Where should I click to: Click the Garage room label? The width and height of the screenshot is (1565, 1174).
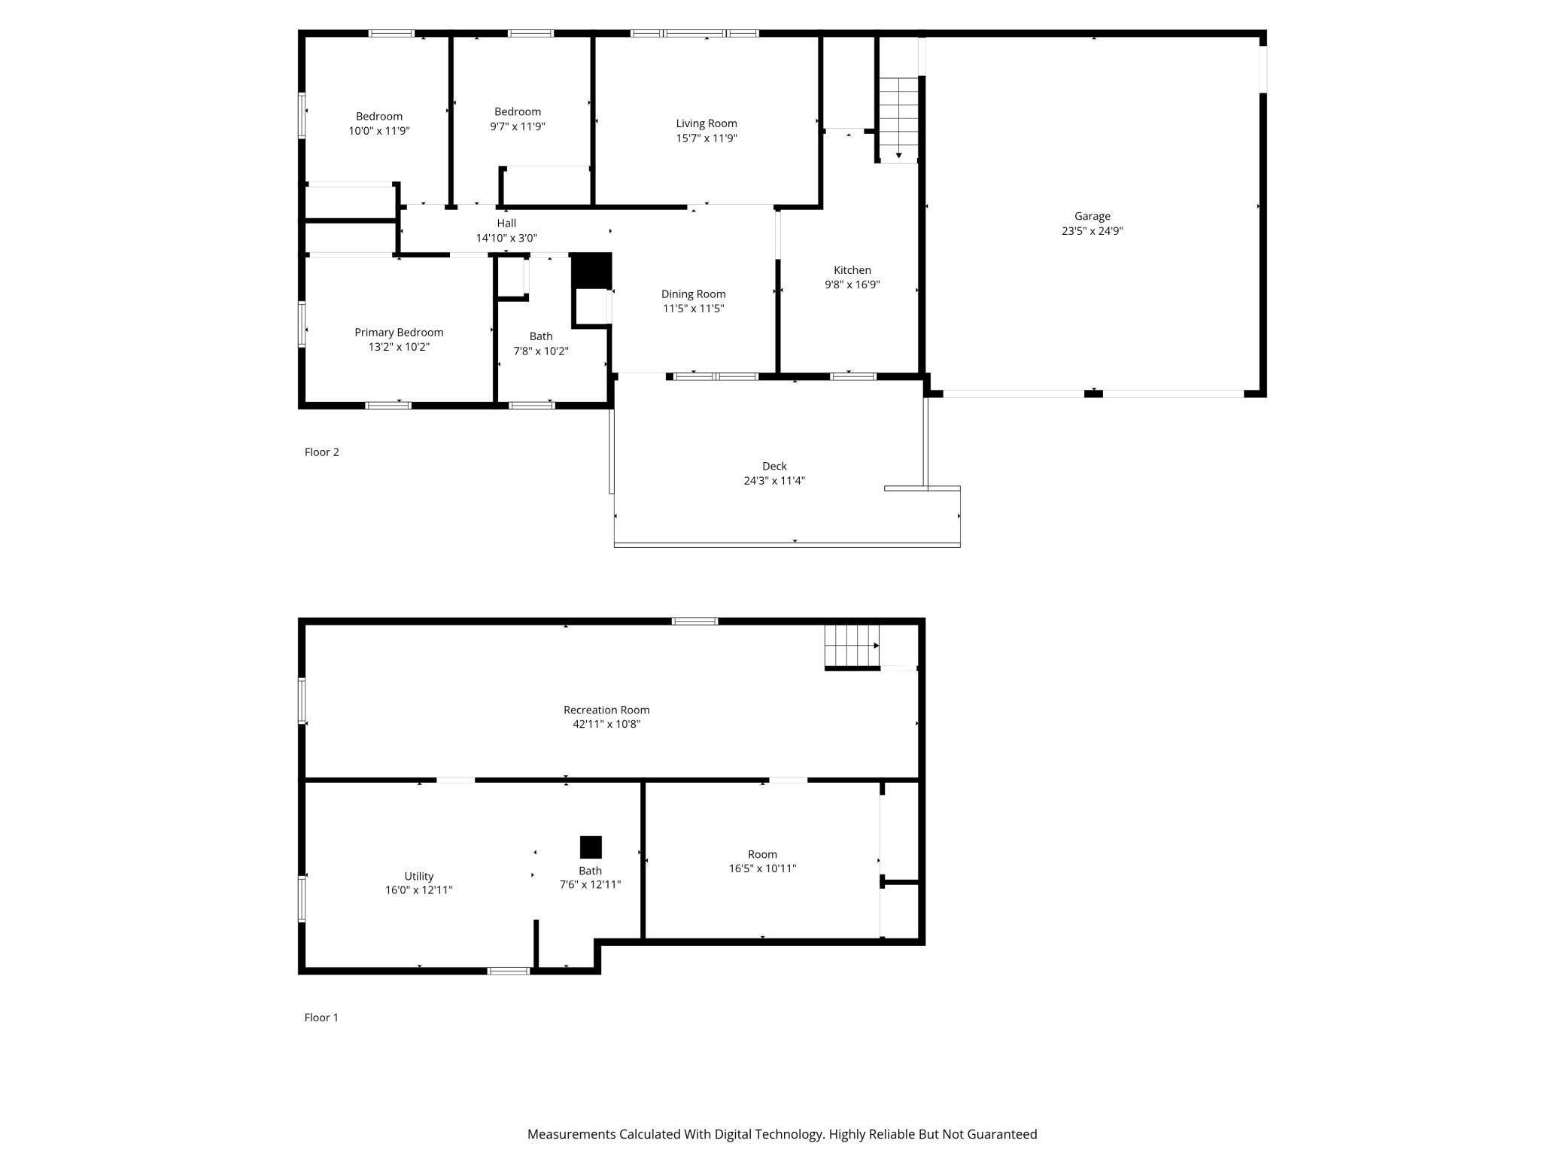[x=1092, y=217]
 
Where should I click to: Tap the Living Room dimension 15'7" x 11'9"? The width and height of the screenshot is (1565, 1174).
[x=707, y=138]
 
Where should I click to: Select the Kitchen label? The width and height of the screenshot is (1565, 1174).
[x=852, y=270]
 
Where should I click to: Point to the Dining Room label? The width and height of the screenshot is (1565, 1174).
[x=694, y=294]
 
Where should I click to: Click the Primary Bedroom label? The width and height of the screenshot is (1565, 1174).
[x=399, y=333]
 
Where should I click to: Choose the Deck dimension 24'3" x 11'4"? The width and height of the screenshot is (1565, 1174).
[x=774, y=481]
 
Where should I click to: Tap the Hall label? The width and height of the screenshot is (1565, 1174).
[x=506, y=224]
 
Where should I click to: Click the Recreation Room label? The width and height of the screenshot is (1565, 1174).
[x=606, y=710]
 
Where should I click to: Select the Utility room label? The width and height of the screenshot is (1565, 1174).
[x=419, y=876]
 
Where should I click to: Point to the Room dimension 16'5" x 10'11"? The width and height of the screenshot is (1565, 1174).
[x=762, y=868]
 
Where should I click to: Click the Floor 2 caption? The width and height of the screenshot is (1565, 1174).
[x=321, y=452]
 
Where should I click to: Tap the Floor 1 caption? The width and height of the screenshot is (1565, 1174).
[x=321, y=1017]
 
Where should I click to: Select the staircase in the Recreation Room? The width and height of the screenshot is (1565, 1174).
[x=852, y=646]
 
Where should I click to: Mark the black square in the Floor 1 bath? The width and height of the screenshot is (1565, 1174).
[x=591, y=847]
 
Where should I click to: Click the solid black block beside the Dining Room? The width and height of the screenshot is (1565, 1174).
[x=592, y=270]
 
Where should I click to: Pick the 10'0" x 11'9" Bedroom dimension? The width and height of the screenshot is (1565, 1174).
[x=379, y=131]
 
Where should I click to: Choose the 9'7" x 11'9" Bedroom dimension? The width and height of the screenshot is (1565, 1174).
[x=518, y=126]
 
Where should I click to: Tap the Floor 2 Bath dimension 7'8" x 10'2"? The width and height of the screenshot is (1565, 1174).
[x=541, y=351]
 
